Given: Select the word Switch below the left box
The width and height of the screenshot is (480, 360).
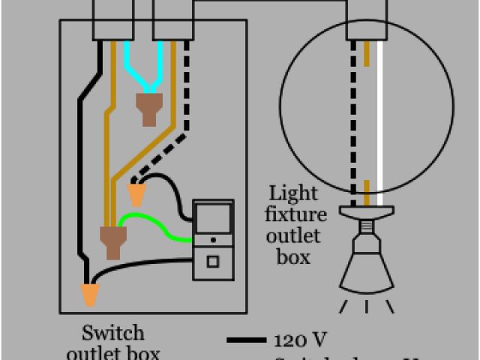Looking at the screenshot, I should (112, 332).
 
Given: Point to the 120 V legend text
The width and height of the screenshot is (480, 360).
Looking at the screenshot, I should (300, 340).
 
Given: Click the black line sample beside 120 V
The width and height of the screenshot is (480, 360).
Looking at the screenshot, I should (246, 340).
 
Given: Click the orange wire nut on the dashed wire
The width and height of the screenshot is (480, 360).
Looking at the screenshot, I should (136, 195).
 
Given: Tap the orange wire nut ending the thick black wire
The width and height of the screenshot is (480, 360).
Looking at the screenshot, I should (90, 294).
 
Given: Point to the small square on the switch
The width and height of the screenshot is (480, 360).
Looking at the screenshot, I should (213, 262).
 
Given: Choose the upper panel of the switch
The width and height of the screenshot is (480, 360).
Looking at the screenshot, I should (213, 217).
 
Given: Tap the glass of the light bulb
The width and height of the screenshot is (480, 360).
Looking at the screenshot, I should (366, 270).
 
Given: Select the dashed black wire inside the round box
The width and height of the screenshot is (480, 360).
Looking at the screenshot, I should (353, 112).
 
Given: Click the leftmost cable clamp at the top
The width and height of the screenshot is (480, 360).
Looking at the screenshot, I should (113, 19).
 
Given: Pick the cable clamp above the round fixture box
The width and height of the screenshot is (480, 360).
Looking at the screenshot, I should (367, 19).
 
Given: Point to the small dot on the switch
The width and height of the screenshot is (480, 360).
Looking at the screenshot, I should (213, 241).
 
